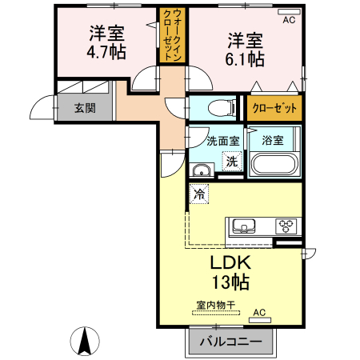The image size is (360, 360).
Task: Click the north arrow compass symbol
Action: [x=85, y=341]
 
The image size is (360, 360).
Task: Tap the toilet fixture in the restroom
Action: [x=222, y=109]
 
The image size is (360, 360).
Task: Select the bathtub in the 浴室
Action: [x=274, y=164]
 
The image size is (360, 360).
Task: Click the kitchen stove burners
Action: [x=286, y=226]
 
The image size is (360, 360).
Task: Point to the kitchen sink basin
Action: [x=244, y=226]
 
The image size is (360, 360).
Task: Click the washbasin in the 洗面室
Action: [x=202, y=170]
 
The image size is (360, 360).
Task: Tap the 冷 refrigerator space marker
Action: [x=199, y=194]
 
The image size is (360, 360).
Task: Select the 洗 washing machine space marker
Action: [x=232, y=161]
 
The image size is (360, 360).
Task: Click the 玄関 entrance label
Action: [x=85, y=108]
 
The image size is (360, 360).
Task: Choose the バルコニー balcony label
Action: [x=231, y=342]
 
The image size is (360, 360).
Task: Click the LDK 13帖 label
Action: [x=231, y=272]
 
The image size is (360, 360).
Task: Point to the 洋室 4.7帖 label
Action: [x=106, y=42]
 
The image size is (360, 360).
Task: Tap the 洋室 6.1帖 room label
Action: [x=245, y=50]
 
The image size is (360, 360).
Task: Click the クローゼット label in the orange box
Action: [x=274, y=108]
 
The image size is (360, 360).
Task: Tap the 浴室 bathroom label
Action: [x=273, y=140]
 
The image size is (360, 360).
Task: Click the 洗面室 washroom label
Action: [x=223, y=141]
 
